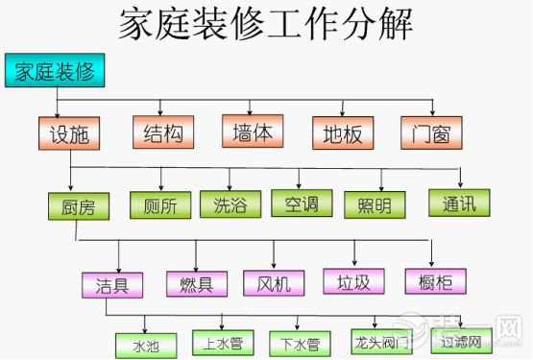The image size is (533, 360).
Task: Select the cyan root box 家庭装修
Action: point(54,71)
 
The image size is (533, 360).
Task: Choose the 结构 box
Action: point(162,132)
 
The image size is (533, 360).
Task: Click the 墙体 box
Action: point(253,131)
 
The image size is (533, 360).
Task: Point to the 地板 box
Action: point(342,133)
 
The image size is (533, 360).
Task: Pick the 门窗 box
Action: point(432,132)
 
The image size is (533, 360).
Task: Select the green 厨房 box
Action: point(78,206)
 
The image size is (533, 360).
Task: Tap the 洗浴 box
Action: point(230,204)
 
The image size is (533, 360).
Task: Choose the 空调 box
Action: point(301,204)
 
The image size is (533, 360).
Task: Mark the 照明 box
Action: point(375,204)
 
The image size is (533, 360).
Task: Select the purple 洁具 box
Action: point(111,283)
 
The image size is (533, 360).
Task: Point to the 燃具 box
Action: point(196,282)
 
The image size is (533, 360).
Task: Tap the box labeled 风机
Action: point(274,282)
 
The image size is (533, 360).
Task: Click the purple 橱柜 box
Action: point(435,280)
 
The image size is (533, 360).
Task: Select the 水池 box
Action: point(144,343)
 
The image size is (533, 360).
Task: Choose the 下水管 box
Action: point(300,342)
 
